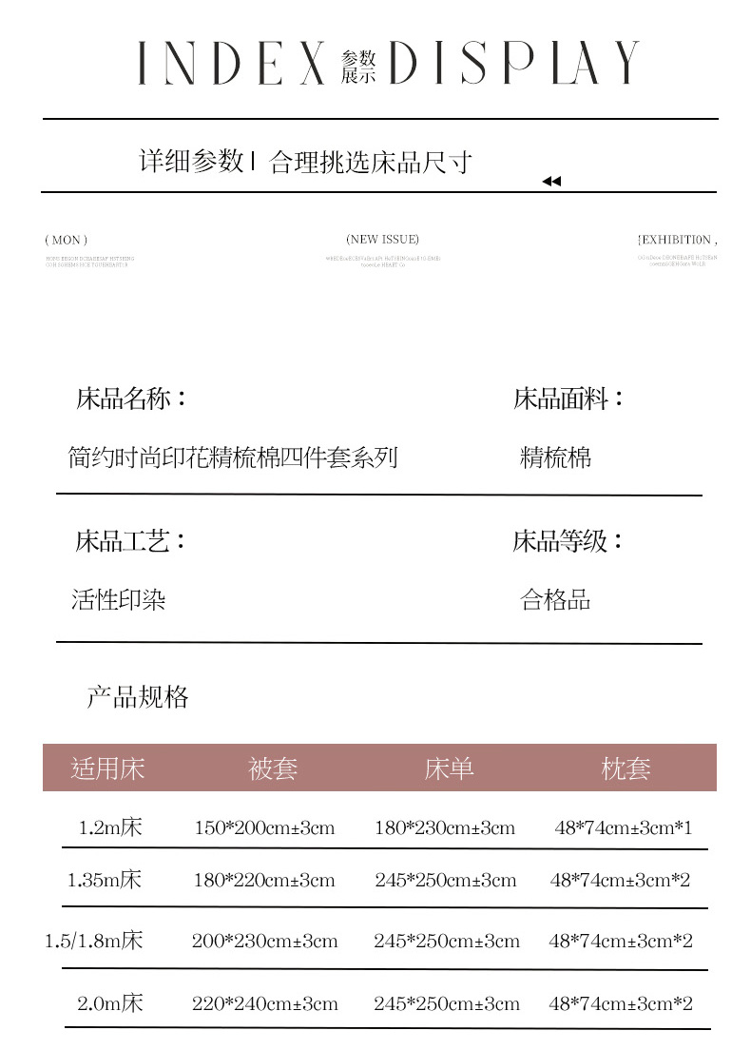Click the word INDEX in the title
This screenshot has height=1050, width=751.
pyautogui.click(x=231, y=65)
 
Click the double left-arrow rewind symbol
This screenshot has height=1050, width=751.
pyautogui.click(x=551, y=182)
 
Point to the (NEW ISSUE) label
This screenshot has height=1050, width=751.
pyautogui.click(x=382, y=240)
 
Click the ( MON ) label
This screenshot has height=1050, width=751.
pyautogui.click(x=66, y=241)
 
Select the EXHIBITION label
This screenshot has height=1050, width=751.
pyautogui.click(x=677, y=240)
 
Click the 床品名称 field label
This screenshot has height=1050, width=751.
pyautogui.click(x=130, y=399)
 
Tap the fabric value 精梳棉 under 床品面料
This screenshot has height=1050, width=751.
pyautogui.click(x=556, y=457)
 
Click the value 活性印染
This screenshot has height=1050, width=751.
pyautogui.click(x=119, y=600)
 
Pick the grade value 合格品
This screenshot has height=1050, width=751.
pyautogui.click(x=556, y=600)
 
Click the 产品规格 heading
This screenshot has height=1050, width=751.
pyautogui.click(x=138, y=698)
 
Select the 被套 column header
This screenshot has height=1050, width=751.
pyautogui.click(x=273, y=768)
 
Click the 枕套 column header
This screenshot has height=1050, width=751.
pyautogui.click(x=626, y=768)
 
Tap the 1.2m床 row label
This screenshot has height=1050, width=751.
pyautogui.click(x=110, y=827)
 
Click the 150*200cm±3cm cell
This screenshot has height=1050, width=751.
pyautogui.click(x=264, y=828)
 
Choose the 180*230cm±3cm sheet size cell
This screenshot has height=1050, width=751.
pyautogui.click(x=445, y=828)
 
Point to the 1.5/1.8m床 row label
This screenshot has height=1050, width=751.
pyautogui.click(x=94, y=942)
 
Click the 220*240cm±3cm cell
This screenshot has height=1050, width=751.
pyautogui.click(x=265, y=1003)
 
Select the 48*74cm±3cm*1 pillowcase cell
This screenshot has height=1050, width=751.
pyautogui.click(x=624, y=828)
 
